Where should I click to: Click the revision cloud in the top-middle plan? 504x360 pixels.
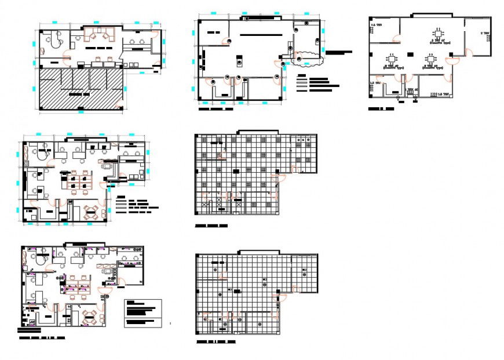click(308, 58)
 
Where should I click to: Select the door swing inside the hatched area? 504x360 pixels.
click(118, 103)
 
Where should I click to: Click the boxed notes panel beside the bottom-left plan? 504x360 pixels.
click(143, 313)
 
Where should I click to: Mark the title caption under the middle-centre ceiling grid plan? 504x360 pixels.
click(211, 226)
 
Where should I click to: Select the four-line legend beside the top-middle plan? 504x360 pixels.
click(316, 83)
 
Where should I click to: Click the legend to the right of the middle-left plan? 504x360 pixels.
click(137, 205)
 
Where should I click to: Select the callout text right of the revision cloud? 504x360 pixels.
click(339, 52)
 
